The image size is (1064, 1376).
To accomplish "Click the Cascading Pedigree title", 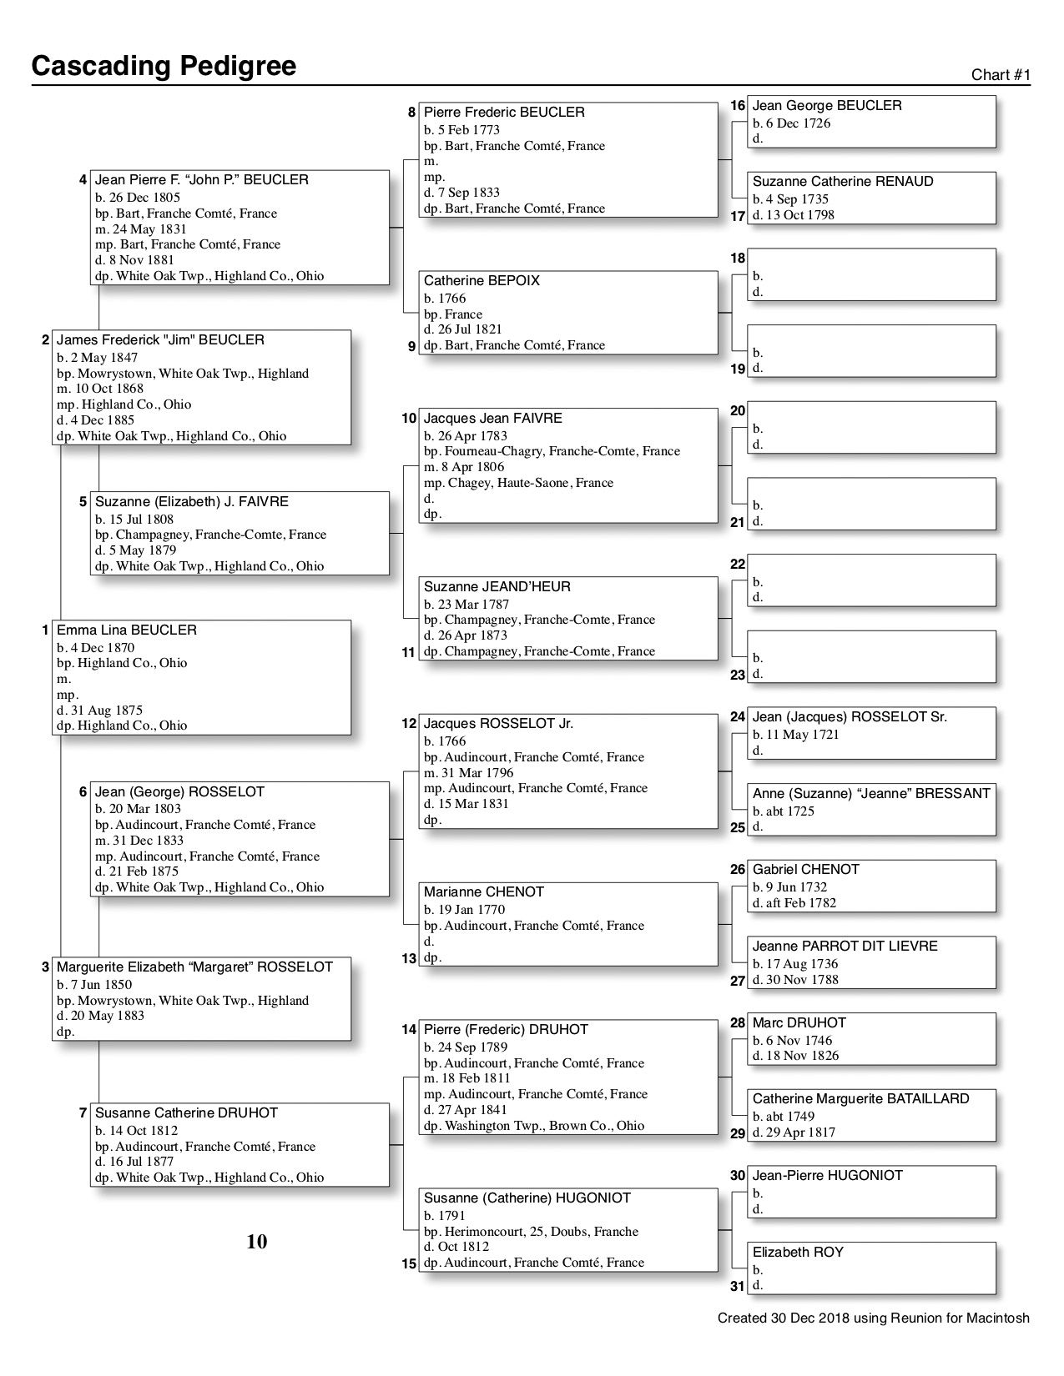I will pos(164,65).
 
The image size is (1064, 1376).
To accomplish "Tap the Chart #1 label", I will pos(1001,75).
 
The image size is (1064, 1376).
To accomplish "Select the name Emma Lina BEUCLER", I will pos(127,630).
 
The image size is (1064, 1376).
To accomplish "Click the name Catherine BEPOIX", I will pos(482,281).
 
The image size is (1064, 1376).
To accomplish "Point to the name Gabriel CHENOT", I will pos(805,870).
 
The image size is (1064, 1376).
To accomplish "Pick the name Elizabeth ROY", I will pos(798,1253).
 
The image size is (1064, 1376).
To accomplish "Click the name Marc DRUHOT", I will pos(799,1023).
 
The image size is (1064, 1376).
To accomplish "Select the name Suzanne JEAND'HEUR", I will pos(497,587).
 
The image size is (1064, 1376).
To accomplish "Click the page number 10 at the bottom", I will pos(257,1242).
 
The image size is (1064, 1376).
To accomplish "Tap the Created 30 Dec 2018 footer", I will pos(873,1318).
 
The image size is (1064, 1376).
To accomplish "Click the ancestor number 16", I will pos(738,106).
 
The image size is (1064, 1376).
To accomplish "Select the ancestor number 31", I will pos(738,1286).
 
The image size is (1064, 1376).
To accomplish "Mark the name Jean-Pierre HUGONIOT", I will pos(827,1176).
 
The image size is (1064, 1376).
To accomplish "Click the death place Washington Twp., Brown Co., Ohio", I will pos(544,1126).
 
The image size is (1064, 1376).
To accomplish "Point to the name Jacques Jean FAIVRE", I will pos(492,419).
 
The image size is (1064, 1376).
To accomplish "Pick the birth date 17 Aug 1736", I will pos(795,964).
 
